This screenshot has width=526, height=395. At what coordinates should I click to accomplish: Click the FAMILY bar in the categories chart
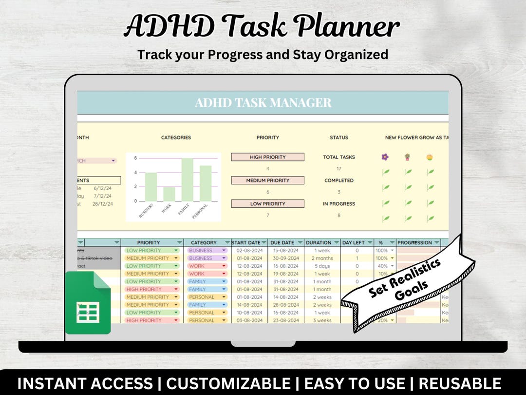tap(188, 179)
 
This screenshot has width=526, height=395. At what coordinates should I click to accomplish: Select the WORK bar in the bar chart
tap(169, 194)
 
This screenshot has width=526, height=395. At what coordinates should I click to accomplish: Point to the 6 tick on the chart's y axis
tap(135, 158)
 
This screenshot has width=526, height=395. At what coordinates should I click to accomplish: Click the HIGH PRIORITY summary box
tap(267, 157)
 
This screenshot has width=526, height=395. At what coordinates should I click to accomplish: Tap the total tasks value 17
tap(338, 169)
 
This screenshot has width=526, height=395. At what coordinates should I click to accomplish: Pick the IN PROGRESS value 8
tap(338, 215)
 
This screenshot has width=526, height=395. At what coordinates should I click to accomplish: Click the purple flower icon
tap(385, 157)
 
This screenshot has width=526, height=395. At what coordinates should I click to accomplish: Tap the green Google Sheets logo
tap(88, 302)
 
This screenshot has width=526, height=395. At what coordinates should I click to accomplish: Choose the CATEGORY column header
tap(204, 242)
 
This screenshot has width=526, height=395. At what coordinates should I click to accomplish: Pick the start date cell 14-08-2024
tap(249, 305)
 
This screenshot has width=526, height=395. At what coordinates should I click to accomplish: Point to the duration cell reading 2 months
tap(322, 258)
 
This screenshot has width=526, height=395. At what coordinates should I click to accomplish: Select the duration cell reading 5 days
tap(322, 266)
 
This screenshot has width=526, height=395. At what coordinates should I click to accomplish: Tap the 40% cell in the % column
tap(383, 266)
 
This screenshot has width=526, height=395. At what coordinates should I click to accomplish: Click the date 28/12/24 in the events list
tap(103, 204)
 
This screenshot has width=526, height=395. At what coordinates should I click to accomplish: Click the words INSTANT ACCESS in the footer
tap(85, 383)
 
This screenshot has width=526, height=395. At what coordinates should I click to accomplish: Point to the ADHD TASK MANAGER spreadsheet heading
tap(263, 103)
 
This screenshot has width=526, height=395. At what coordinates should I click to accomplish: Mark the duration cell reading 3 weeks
tap(322, 320)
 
